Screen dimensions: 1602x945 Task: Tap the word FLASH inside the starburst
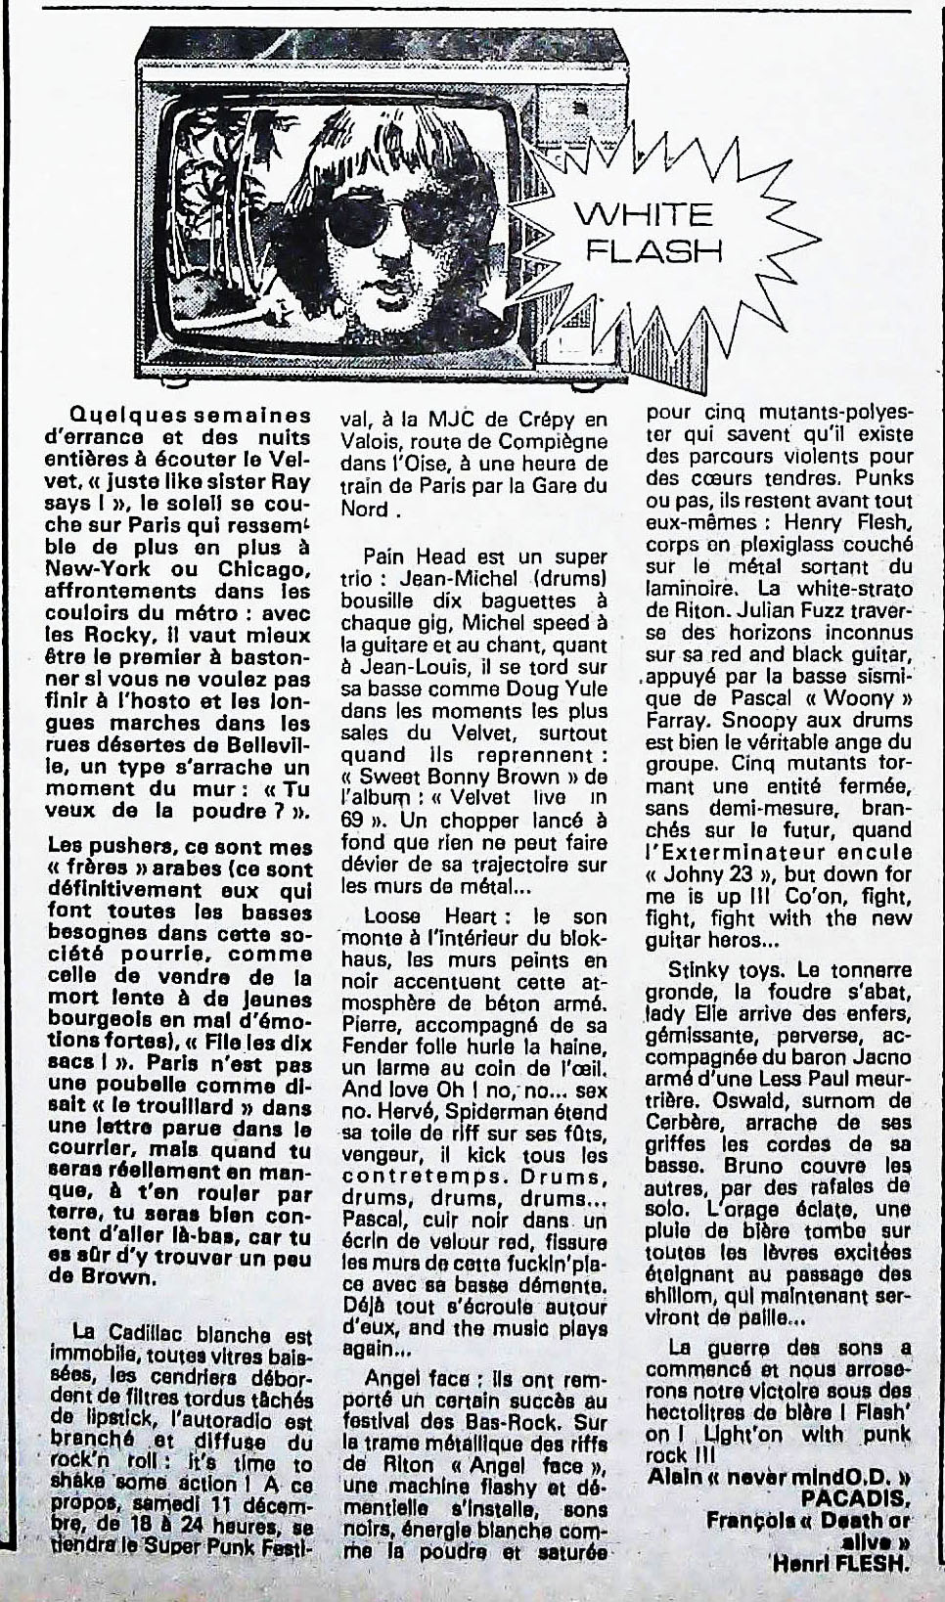(x=654, y=250)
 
